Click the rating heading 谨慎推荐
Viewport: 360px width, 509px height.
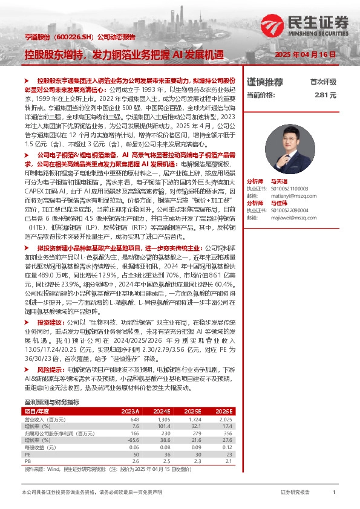265,82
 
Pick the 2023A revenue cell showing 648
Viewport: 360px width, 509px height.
134,419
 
